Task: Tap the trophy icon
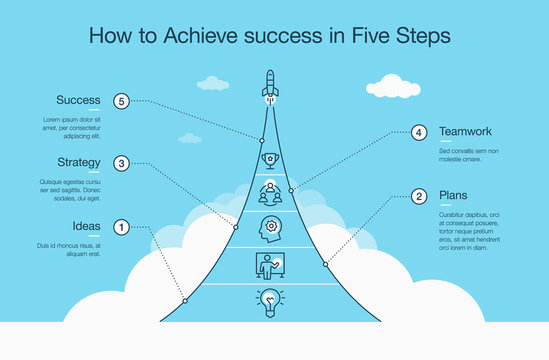coord(269,159)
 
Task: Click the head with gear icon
coord(269,227)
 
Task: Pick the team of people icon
coord(269,191)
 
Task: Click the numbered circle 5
coord(121,101)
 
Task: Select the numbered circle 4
coord(419,132)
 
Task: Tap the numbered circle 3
coord(121,163)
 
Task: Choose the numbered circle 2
coord(419,196)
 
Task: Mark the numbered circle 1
coord(121,227)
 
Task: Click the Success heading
coord(78,100)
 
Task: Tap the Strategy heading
coord(78,162)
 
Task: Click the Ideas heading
coord(87,226)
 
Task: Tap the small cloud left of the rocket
coord(212,83)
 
